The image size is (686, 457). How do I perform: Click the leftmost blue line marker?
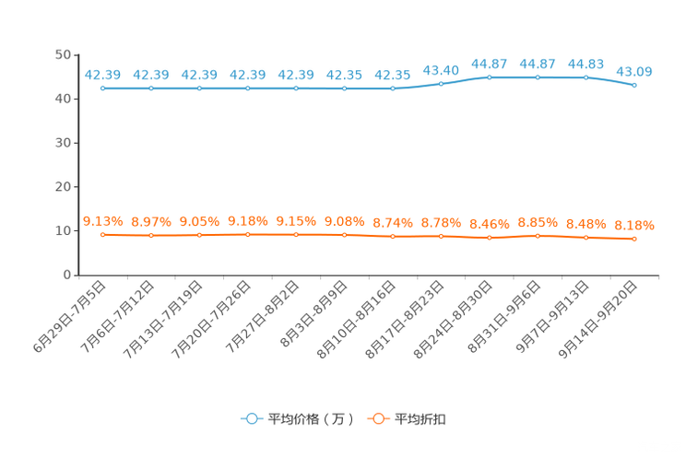[x=103, y=88]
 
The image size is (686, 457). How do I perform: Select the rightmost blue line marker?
[x=634, y=85]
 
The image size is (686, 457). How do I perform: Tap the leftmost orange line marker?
[x=103, y=235]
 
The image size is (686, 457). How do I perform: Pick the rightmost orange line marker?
[x=634, y=240]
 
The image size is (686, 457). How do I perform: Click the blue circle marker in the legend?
[x=250, y=418]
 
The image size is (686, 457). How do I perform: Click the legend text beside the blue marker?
[x=310, y=419]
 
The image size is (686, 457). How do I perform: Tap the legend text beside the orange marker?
[x=421, y=419]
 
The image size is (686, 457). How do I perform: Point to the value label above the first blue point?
[x=103, y=74]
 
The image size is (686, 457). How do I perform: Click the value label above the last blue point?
[x=634, y=71]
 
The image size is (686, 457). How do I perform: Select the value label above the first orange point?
[x=103, y=220]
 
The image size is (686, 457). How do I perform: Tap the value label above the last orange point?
[x=634, y=225]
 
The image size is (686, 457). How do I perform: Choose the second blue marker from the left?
[x=151, y=88]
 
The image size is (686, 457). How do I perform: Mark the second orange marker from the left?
[x=151, y=236]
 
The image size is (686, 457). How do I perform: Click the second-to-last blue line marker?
[x=585, y=77]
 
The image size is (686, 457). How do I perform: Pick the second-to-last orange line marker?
[x=585, y=238]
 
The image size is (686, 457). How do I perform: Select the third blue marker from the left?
[x=199, y=88]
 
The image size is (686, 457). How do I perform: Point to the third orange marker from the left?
[x=199, y=236]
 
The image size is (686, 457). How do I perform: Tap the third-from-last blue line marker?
[x=538, y=77]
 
